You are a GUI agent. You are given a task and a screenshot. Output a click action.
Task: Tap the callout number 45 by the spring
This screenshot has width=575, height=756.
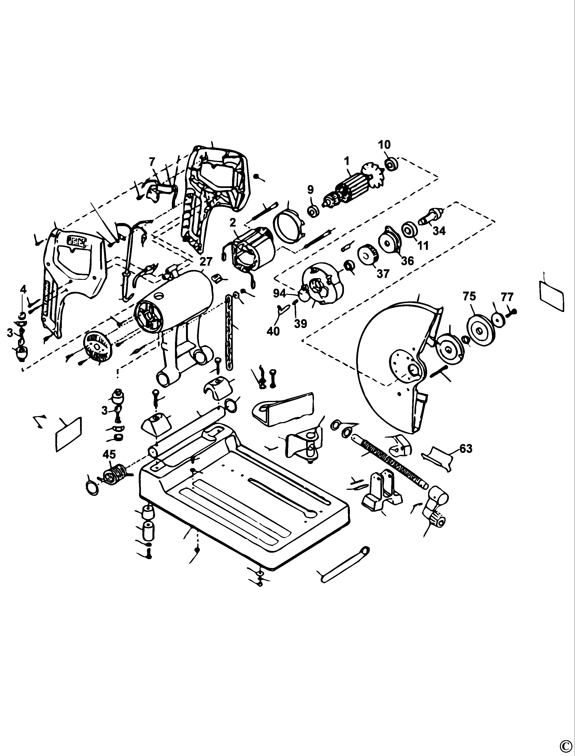[110, 454]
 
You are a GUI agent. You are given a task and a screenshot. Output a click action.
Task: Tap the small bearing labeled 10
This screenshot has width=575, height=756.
[390, 164]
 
